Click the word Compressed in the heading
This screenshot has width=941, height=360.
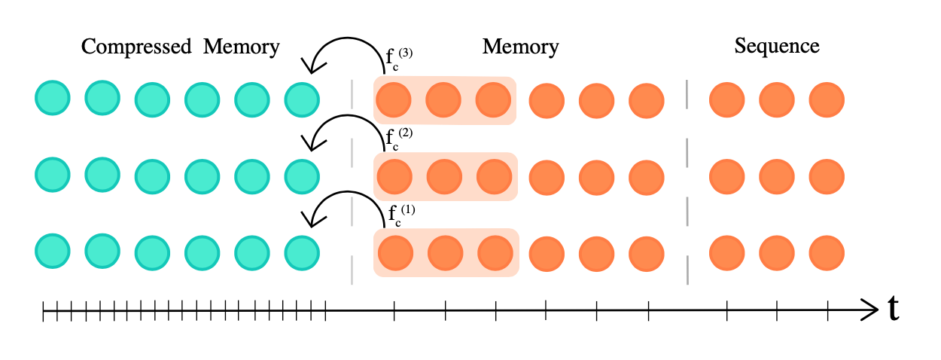[136, 47]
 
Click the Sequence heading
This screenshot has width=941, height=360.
[776, 46]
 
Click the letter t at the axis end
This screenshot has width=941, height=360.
[894, 309]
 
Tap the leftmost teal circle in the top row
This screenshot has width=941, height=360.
[53, 98]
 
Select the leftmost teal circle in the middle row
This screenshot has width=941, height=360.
[53, 174]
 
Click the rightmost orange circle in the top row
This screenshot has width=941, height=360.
[827, 99]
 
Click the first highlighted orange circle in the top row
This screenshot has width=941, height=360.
[393, 99]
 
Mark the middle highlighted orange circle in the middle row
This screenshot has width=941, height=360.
[444, 176]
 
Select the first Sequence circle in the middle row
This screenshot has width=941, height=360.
[726, 176]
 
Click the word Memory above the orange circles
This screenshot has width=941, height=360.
[520, 47]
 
